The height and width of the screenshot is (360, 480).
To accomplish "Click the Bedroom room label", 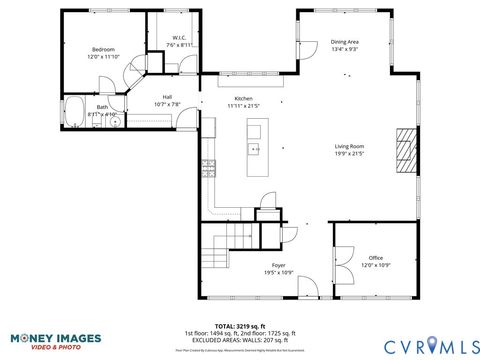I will pos(103,49).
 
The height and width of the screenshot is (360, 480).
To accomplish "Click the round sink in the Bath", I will pos(113,113).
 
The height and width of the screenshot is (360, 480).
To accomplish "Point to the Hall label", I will pos(167,97).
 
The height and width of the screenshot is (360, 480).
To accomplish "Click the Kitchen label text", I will pos(243,98).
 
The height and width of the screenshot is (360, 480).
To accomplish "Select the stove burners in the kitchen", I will pos(209,168).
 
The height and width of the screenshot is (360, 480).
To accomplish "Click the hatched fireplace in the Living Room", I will pos(402,151).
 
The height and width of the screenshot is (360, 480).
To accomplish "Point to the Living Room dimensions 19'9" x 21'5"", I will pos(349,154).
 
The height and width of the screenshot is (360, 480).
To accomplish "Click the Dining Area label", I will pos(345,42).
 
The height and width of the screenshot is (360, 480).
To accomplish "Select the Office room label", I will pos(375,257).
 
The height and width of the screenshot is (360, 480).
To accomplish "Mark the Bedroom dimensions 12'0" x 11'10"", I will pos(103,57).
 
